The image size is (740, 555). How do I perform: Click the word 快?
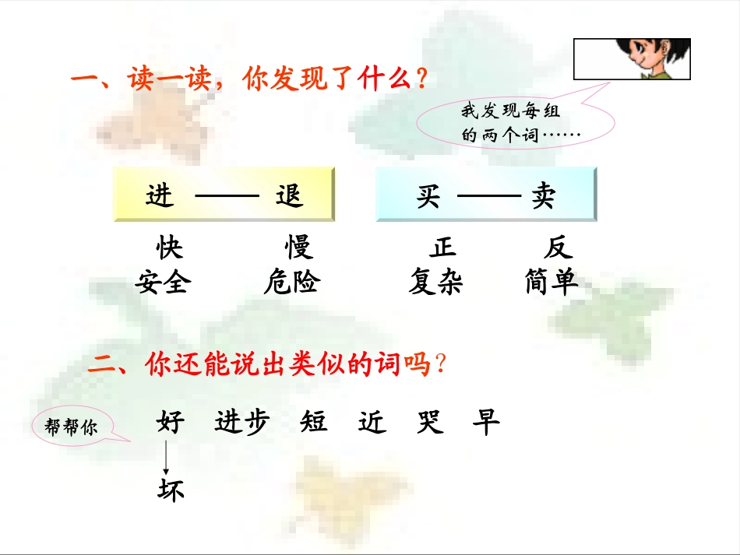click(170, 248)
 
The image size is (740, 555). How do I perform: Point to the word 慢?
click(298, 248)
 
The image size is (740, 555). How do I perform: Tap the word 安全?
click(162, 282)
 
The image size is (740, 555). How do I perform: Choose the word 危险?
click(291, 282)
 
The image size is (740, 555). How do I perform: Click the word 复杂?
click(436, 282)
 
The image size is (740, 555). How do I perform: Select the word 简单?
click(552, 282)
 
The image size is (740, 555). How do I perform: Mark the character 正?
click(442, 248)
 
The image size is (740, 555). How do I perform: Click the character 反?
click(559, 248)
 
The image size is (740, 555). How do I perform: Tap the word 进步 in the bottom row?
click(242, 423)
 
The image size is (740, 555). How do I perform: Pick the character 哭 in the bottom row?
click(430, 423)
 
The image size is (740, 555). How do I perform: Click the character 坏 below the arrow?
click(171, 490)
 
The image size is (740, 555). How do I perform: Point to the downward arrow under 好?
click(166, 458)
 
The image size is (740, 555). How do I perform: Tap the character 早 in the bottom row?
click(486, 423)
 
